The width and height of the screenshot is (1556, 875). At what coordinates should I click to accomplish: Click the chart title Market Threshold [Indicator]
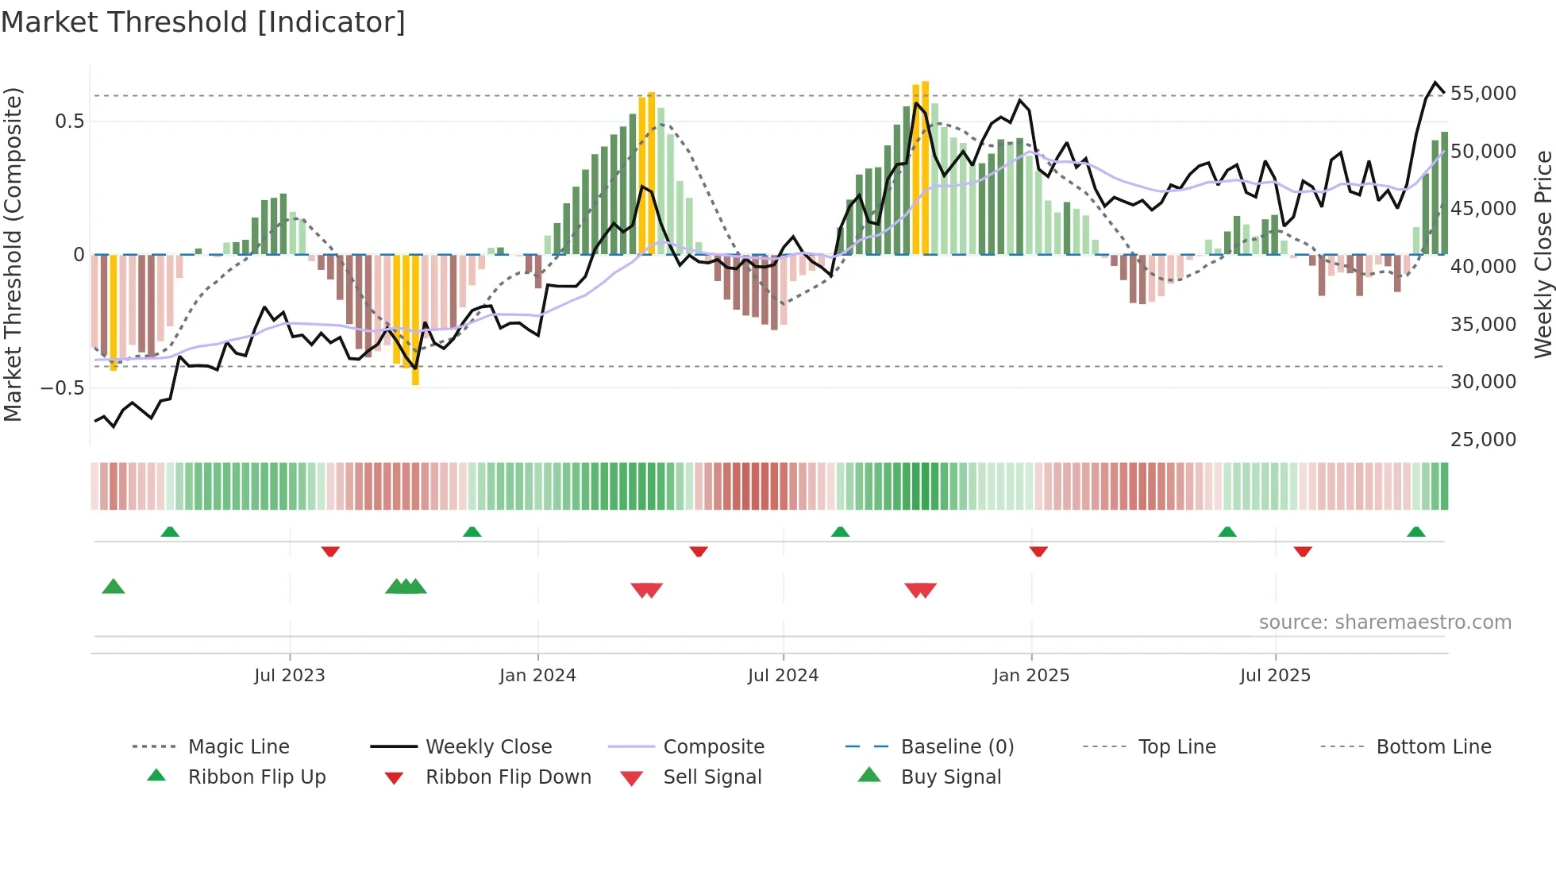203,22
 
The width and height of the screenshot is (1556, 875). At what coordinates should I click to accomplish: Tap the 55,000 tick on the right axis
1482,94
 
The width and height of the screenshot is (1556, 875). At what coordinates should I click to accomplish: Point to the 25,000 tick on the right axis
1482,440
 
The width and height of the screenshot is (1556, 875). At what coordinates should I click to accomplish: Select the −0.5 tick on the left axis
63,388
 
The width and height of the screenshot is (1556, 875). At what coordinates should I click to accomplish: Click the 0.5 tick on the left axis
69,121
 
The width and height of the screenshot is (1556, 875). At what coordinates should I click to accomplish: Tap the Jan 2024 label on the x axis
537,676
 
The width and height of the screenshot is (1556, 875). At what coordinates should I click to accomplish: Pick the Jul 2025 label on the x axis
1275,676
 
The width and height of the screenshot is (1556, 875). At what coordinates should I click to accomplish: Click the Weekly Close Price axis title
1543,254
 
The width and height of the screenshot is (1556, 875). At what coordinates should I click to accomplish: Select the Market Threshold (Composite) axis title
13,254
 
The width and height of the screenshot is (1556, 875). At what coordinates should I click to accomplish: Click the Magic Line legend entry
238,747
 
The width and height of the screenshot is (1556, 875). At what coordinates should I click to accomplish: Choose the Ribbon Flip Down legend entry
508,777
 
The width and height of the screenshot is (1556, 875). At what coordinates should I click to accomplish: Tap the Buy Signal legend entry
950,777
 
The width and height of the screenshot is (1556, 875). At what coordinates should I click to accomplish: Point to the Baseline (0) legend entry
957,747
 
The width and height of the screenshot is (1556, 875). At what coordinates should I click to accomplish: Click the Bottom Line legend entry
1433,747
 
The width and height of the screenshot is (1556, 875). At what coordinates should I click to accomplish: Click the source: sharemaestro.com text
1385,623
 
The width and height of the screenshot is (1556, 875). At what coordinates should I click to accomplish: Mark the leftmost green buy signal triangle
114,587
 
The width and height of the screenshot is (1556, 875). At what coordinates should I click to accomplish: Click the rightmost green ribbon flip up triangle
1415,532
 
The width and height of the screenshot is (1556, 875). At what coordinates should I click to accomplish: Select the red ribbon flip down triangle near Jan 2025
1038,551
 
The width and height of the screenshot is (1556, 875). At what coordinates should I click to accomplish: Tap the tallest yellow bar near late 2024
925,167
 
